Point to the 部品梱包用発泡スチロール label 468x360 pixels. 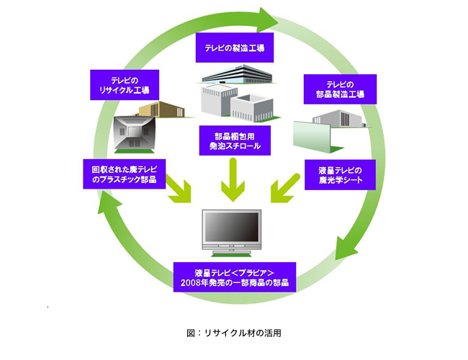coord(233,140)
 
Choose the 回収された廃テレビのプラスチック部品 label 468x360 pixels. coord(125,175)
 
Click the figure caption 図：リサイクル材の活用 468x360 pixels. coord(233,333)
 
